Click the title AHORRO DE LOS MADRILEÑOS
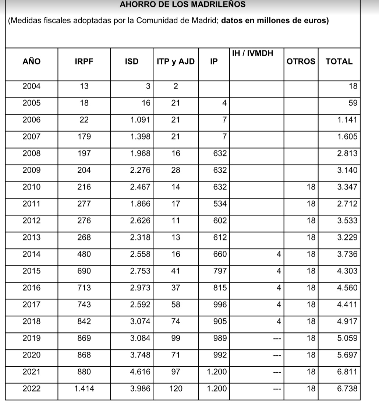tap(183, 5)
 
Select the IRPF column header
tap(84, 62)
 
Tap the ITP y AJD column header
tap(176, 62)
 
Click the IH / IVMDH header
tap(253, 54)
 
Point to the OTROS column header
tap(301, 62)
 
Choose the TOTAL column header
tap(339, 62)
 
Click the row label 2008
tap(32, 154)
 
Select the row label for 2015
tap(32, 271)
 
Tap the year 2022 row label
tap(32, 388)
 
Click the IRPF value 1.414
tap(84, 388)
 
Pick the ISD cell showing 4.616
tap(140, 372)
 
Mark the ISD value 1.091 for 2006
tap(140, 120)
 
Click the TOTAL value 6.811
tap(347, 372)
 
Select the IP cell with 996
tap(220, 305)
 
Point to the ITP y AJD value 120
tap(176, 388)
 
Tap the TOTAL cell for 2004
tap(353, 87)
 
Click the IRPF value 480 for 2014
tap(84, 254)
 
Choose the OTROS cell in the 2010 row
tap(311, 187)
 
